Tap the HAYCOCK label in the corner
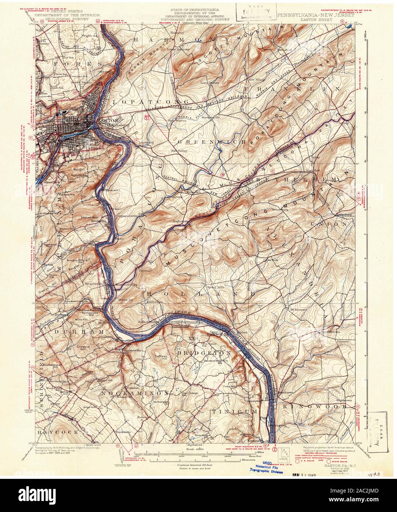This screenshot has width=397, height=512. [x=57, y=431]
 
